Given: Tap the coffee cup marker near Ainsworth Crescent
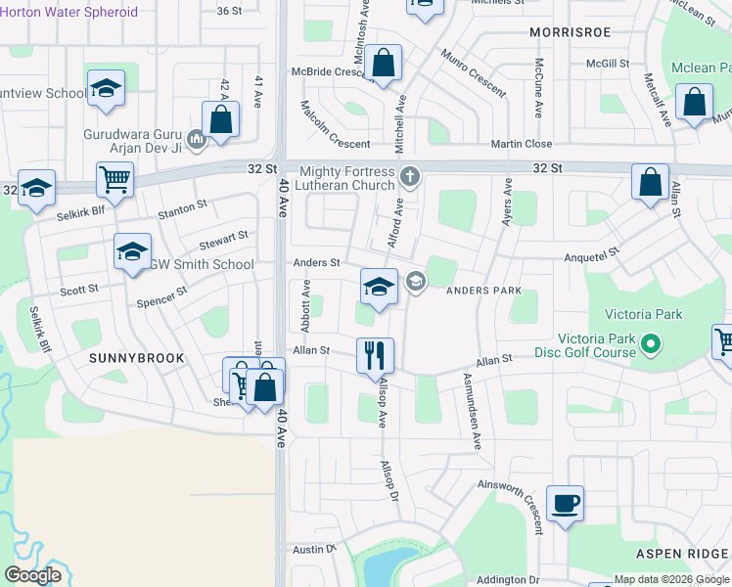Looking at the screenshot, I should click(565, 504).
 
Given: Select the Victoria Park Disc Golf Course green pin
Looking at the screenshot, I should click(650, 345).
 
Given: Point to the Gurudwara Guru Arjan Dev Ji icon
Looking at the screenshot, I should click(197, 141).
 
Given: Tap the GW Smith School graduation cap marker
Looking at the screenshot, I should click(132, 253).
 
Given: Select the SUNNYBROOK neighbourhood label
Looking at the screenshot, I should click(137, 358).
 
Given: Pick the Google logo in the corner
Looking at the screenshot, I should click(32, 575).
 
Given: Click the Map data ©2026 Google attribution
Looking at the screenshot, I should click(671, 579).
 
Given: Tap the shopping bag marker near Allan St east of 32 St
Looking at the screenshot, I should click(650, 183).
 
